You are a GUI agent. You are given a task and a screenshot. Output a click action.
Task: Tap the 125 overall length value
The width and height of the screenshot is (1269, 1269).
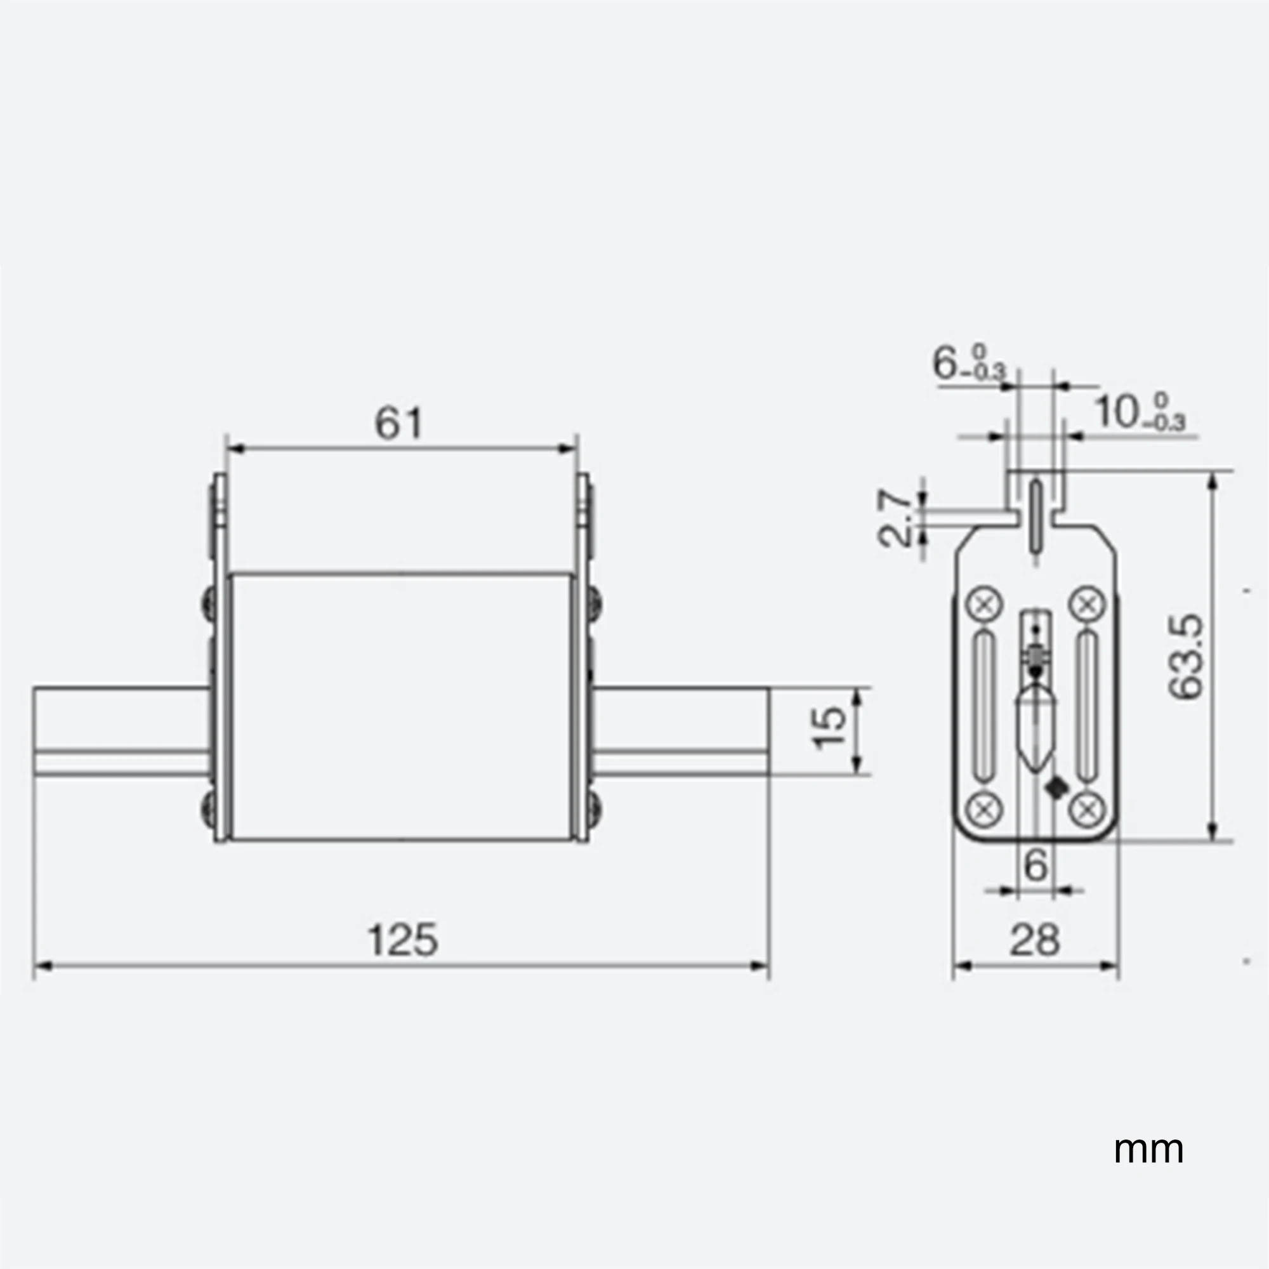coord(402,940)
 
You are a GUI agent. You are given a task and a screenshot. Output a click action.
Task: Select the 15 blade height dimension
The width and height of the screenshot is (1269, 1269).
coord(829,727)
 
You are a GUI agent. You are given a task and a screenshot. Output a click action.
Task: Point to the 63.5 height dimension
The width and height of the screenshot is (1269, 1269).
coord(1187,657)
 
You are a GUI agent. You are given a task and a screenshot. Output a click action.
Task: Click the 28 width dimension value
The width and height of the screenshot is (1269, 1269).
coord(1034,940)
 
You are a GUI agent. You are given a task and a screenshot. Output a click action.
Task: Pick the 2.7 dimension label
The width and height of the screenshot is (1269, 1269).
coord(895,518)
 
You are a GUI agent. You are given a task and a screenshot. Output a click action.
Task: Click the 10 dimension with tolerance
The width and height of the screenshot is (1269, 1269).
coord(1140,412)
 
